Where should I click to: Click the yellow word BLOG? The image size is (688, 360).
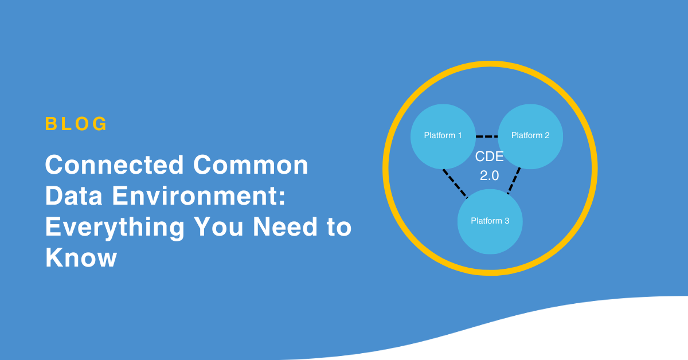tap(76, 124)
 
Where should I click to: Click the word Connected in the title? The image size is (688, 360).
tap(115, 165)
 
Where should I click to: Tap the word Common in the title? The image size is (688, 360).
tap(251, 165)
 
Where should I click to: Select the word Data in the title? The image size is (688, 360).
tap(74, 195)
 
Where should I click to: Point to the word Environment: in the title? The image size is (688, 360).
tap(199, 195)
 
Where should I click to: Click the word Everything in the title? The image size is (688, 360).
tap(115, 228)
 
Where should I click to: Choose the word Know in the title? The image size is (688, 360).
tap(81, 257)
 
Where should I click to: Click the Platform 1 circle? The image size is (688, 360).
tap(443, 136)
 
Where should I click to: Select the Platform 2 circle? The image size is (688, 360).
tap(530, 136)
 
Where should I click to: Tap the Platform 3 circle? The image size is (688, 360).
tap(490, 221)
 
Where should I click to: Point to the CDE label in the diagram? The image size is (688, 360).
tap(489, 156)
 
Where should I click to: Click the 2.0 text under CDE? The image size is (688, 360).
tap(489, 175)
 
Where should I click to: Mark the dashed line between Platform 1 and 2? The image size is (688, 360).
tap(487, 136)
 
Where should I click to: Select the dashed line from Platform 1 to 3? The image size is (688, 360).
tap(455, 183)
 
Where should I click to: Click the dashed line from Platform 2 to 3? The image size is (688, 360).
tap(514, 181)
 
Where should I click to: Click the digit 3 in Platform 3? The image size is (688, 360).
tap(507, 221)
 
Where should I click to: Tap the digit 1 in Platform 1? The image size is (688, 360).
tap(460, 135)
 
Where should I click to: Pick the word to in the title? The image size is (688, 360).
tap(339, 227)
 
